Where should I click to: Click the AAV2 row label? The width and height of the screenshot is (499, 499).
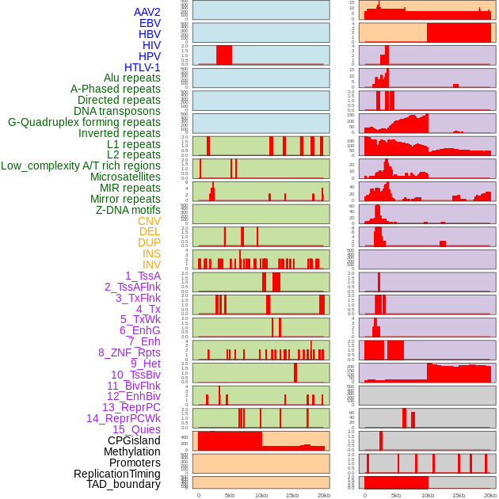tap(147, 13)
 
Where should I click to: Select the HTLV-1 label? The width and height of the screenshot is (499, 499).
tap(143, 67)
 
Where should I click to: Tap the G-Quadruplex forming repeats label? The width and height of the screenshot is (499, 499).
tap(84, 122)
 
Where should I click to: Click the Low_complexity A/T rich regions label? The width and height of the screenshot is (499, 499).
tap(81, 166)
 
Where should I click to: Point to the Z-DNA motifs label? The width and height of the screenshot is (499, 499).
tap(128, 210)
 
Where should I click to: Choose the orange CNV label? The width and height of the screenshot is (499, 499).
tap(149, 221)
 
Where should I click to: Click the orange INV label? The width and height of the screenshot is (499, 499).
tap(151, 265)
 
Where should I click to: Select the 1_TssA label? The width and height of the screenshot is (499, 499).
tap(143, 276)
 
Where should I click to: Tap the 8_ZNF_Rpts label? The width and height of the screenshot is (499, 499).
tap(129, 352)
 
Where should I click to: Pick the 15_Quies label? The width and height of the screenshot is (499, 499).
tap(136, 429)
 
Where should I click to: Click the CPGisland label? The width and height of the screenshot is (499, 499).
tap(134, 440)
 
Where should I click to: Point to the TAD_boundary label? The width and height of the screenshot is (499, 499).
tap(124, 484)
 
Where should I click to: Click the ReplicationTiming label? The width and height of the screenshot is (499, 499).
tap(117, 474)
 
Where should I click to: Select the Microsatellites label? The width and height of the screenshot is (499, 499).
tap(125, 177)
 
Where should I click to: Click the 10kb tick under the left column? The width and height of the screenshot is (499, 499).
tap(261, 495)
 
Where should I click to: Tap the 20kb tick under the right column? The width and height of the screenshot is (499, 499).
tap(489, 495)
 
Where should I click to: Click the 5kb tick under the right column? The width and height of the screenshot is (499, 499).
tap(396, 495)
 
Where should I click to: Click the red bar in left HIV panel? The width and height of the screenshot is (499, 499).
tap(224, 55)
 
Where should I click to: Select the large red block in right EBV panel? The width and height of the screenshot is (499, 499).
tap(459, 32)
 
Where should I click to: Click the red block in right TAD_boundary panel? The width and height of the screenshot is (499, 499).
tap(396, 482)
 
